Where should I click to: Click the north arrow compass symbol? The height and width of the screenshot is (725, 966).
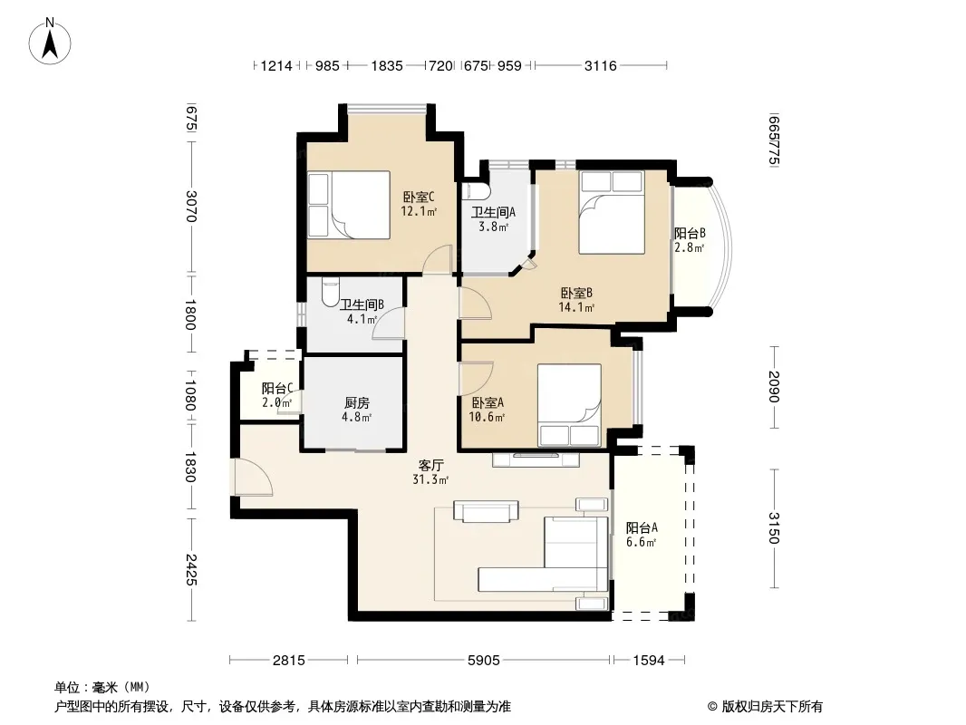coord(50,41)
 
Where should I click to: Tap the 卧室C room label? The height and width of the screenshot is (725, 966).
coord(419,198)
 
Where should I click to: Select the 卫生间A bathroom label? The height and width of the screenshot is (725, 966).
coord(494,212)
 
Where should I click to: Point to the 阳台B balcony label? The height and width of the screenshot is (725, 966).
coord(690,234)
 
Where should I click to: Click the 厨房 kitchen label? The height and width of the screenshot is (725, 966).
coord(357,403)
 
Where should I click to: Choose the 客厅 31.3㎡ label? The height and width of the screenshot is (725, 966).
coord(430,472)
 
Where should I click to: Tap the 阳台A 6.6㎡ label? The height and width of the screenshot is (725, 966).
coord(642,535)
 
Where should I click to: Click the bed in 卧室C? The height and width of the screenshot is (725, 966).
coord(349,205)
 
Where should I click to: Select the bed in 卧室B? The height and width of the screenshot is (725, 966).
coord(612,212)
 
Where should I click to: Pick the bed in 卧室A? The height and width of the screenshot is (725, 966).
coord(569,405)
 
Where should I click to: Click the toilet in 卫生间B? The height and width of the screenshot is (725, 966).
coord(330,292)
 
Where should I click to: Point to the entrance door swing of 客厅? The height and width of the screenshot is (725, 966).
coord(252,477)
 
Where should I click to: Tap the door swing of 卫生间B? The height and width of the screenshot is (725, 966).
coord(388,324)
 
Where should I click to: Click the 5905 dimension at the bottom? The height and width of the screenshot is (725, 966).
coord(484,661)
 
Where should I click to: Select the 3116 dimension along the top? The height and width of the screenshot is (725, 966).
coord(601,65)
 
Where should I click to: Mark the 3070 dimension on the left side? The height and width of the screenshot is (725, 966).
coord(191,207)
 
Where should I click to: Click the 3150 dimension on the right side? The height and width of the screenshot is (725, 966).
coord(775,528)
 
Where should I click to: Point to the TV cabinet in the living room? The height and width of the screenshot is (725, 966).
coord(536,459)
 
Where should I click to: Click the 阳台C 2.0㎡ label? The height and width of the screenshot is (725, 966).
coord(276,395)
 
